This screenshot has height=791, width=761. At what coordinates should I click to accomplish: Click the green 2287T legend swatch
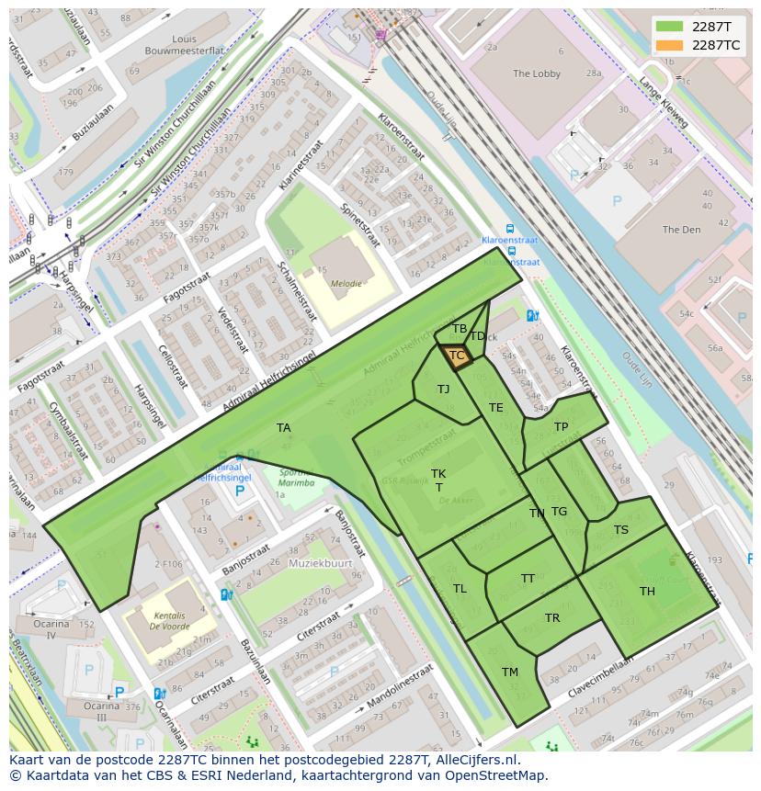tap(670, 27)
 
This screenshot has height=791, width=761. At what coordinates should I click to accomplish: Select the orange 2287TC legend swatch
tap(670, 45)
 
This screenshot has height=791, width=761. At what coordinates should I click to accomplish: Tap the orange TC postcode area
tap(456, 356)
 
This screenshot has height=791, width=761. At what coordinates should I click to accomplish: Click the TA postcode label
tap(283, 428)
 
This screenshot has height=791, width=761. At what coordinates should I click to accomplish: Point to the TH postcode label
tap(647, 592)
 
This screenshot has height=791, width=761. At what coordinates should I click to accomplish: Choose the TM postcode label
tap(510, 672)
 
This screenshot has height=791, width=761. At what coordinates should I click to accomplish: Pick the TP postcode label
tap(561, 427)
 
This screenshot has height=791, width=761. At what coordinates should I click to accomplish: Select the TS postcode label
tap(621, 530)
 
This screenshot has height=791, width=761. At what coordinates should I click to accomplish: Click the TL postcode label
tap(460, 589)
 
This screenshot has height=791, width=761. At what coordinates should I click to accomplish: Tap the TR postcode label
tap(552, 618)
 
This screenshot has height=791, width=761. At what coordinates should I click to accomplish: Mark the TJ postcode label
tap(444, 390)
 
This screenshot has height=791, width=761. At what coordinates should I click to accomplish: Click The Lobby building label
tap(537, 73)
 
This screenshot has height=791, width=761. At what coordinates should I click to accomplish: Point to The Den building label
tap(681, 230)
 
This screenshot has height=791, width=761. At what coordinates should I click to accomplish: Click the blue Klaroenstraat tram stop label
tap(511, 240)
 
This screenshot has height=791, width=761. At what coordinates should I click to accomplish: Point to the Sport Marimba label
tap(296, 478)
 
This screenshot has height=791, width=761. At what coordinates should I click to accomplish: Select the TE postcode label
tap(496, 408)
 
